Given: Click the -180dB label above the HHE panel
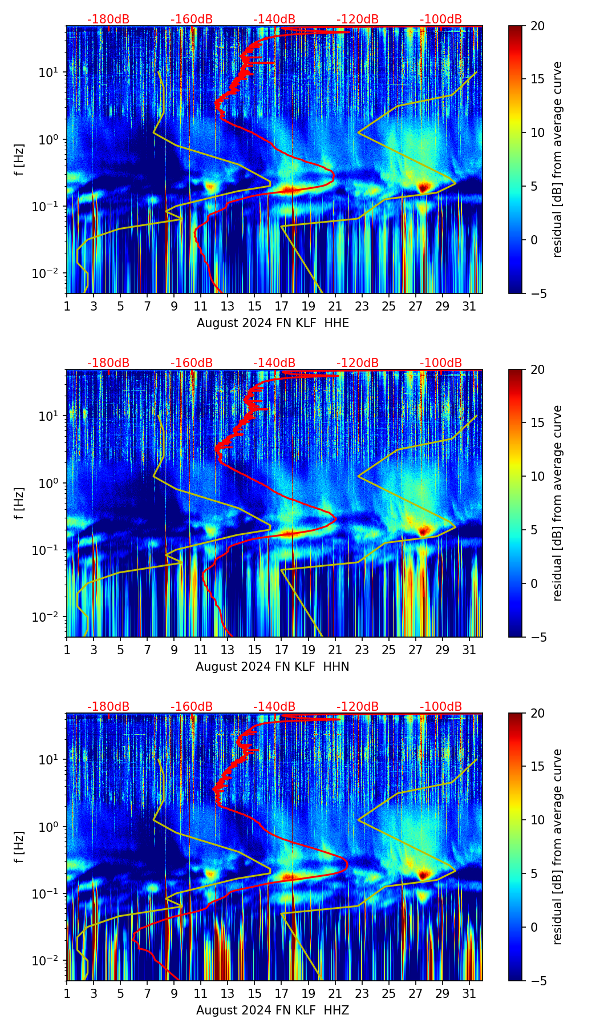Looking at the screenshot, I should [108, 19].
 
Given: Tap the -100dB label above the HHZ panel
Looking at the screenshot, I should [441, 707].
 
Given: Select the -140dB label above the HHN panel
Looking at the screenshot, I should [274, 363].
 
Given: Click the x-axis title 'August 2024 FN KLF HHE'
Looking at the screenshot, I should [273, 323].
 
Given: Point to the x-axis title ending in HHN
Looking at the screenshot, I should [273, 667].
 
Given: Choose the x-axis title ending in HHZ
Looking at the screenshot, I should [273, 1010].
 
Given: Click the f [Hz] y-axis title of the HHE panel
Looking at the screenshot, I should [19, 160].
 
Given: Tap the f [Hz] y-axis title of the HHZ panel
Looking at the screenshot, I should [19, 847].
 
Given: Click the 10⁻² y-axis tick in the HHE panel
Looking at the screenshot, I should [50, 273].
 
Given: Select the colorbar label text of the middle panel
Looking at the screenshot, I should [558, 503].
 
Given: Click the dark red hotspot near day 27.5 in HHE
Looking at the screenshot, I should [423, 187].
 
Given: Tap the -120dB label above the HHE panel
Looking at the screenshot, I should [358, 19].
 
